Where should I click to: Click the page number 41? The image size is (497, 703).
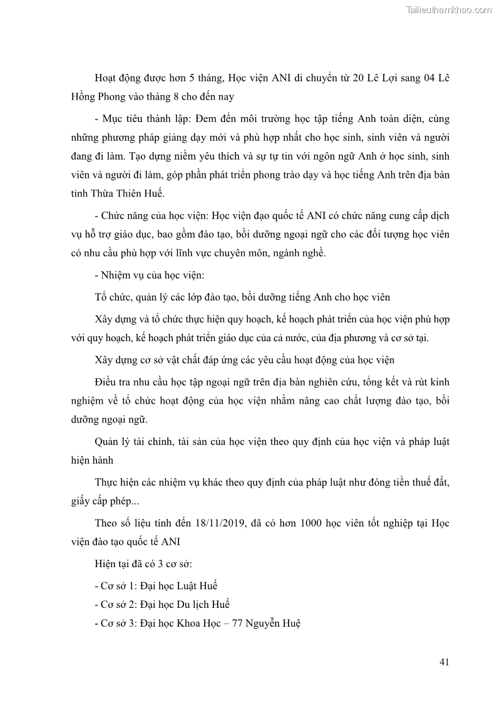(x=444, y=662)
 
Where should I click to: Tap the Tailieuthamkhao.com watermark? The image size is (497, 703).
(x=449, y=10)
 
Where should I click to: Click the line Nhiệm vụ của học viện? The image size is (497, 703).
(x=143, y=274)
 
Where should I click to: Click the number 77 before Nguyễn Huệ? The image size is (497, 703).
(x=235, y=623)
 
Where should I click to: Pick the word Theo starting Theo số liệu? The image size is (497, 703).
(x=106, y=523)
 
